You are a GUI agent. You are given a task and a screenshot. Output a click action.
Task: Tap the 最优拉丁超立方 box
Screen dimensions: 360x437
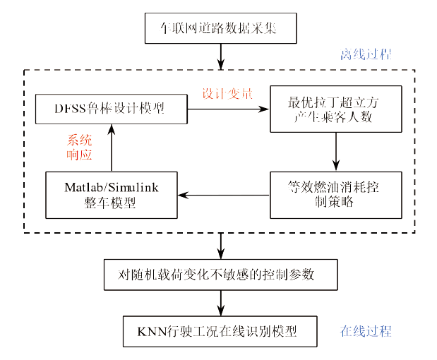pyautogui.click(x=335, y=109)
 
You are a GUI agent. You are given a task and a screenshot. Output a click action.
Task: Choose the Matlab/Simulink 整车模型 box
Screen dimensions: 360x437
pyautogui.click(x=110, y=194)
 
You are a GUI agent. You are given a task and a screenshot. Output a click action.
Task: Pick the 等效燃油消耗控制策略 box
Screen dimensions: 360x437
pyautogui.click(x=335, y=194)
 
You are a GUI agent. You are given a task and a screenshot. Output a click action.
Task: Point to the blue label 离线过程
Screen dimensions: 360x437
pyautogui.click(x=366, y=54)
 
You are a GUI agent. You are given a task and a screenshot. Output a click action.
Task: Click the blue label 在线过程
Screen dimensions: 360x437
pyautogui.click(x=366, y=331)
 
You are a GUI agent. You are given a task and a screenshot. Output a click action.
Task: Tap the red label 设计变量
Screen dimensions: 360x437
pyautogui.click(x=227, y=94)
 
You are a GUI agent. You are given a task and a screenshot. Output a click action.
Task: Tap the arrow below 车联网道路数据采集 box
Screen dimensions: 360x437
pyautogui.click(x=221, y=56)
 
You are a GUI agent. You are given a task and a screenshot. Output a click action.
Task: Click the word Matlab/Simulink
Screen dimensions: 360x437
pyautogui.click(x=110, y=188)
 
